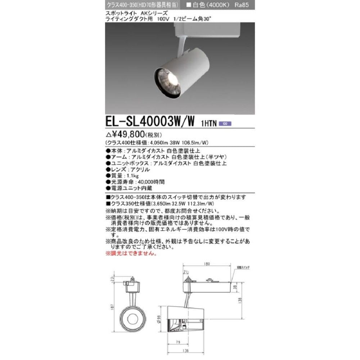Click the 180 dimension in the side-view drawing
click(x=206, y=265)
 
